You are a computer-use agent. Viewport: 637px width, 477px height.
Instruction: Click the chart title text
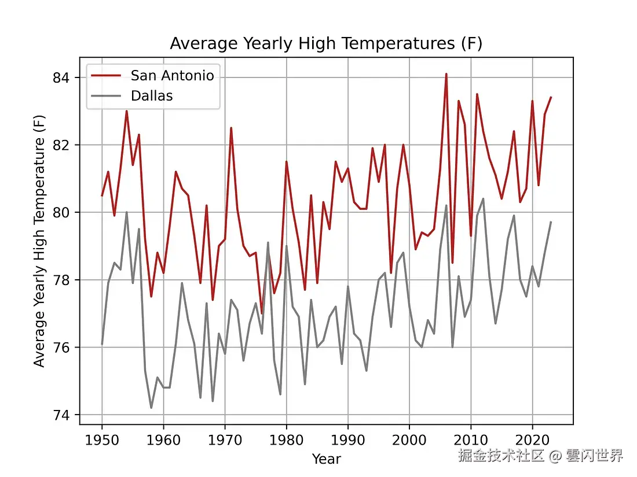point(326,44)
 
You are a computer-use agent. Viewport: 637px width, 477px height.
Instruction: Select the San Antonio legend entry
point(172,75)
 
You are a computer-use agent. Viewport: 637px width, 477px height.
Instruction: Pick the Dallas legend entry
point(152,95)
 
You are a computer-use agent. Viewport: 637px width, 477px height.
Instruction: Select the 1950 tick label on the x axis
point(102,438)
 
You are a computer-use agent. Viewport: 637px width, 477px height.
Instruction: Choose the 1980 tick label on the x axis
point(286,438)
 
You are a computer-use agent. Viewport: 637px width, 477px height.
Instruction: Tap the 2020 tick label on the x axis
point(532,438)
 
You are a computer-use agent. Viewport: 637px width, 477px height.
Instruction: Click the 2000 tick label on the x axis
point(409,438)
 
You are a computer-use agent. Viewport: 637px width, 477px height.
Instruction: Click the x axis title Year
point(326,459)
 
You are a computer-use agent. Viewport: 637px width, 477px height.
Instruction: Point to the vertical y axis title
point(39,241)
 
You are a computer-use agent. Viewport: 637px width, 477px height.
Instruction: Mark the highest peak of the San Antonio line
point(446,74)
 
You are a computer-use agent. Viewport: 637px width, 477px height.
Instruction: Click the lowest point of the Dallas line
point(151,408)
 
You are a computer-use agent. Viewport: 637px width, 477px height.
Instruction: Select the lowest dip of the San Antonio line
point(262,313)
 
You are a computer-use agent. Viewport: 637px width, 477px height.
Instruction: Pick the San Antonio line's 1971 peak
point(231,128)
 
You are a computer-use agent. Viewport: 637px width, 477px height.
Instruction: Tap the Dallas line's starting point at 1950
point(102,344)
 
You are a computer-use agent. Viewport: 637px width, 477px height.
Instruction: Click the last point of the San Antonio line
point(551,97)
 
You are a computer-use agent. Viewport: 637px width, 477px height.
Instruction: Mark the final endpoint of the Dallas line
point(551,222)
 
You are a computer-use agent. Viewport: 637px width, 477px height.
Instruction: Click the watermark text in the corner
point(540,456)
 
